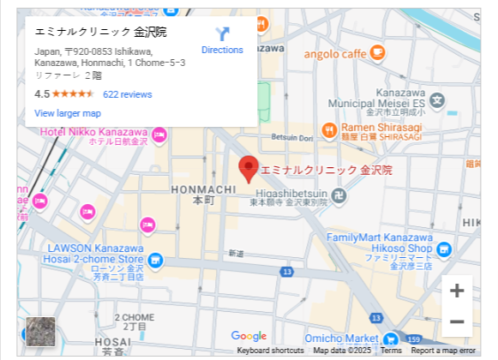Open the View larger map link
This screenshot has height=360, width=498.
point(68,113)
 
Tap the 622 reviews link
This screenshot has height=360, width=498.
point(127,94)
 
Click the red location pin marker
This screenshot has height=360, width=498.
point(248,168)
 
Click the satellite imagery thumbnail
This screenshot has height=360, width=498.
point(40,332)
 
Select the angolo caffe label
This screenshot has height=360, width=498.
point(335,53)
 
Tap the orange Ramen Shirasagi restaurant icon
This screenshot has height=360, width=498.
point(329,130)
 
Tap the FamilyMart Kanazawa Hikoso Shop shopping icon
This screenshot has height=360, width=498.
point(443,249)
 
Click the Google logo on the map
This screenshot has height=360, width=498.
point(249,337)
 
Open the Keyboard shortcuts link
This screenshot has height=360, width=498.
point(270,351)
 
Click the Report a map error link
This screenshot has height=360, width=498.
point(442,351)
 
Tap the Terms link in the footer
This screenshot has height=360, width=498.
point(391,351)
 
